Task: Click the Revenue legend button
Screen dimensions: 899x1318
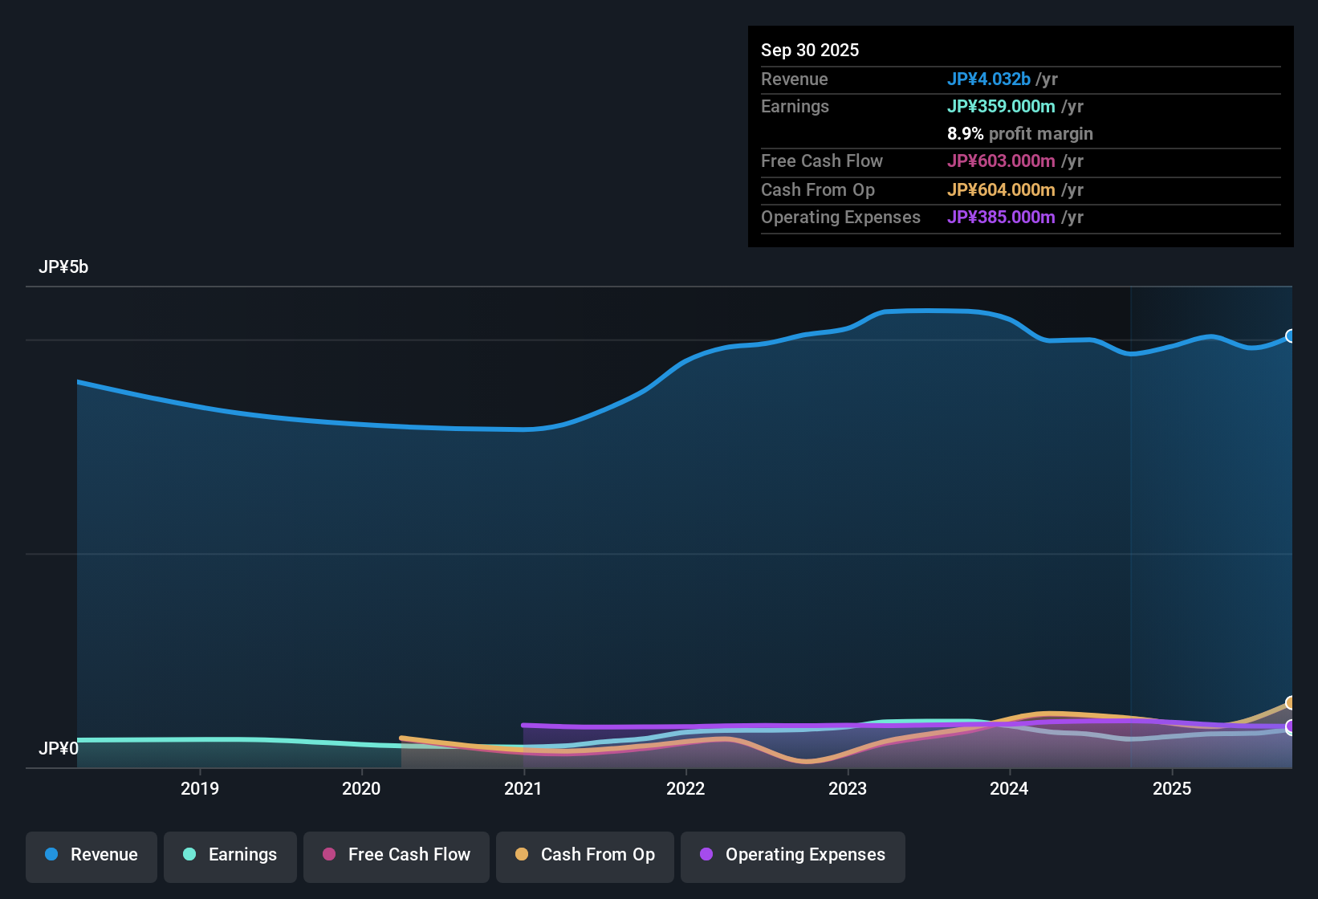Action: pos(92,855)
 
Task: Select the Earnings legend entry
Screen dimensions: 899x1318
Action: pos(230,855)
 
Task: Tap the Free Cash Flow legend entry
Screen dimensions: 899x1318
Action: pos(397,855)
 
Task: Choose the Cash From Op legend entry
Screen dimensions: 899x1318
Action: pos(585,855)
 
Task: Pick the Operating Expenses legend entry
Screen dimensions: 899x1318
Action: pos(793,855)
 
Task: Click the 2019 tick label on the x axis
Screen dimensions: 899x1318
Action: pos(200,788)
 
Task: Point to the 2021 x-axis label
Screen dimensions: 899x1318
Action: pos(523,788)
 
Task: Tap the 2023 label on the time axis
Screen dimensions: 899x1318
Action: pos(848,788)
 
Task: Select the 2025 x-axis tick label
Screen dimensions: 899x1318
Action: pos(1172,788)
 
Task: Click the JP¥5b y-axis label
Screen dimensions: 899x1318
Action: pos(63,267)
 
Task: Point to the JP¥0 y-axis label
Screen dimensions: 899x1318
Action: pos(59,748)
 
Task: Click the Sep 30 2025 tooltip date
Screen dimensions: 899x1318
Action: pos(810,50)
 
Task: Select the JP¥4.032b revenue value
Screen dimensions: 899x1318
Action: pos(988,79)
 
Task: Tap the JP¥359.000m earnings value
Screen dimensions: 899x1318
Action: pos(1001,106)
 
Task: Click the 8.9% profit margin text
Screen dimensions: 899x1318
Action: pos(1019,133)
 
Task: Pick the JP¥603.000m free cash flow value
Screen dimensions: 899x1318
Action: pos(1001,161)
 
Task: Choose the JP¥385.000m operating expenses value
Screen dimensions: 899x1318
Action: pos(1001,217)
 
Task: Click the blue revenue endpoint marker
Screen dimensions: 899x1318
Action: pos(1291,336)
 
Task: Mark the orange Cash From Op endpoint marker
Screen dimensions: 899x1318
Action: pos(1291,703)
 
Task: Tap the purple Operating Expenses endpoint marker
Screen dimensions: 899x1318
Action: pos(1291,727)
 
